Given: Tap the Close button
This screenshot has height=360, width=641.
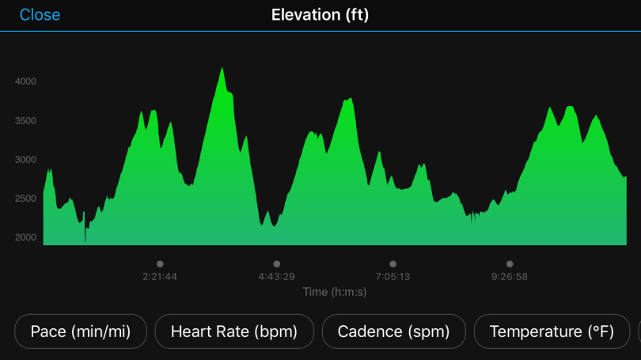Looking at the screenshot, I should [40, 15].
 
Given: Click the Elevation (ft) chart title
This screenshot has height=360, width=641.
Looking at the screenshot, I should [320, 15].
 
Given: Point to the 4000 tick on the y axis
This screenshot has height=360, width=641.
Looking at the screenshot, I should [25, 81].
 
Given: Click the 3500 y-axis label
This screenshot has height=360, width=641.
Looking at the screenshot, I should [25, 120].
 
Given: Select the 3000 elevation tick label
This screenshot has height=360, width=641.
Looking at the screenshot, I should [25, 159].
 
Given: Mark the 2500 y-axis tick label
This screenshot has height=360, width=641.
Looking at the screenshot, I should [25, 198].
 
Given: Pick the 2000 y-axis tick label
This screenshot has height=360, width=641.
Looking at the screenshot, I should [25, 237].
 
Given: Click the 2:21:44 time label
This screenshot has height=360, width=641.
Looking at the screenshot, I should [160, 277].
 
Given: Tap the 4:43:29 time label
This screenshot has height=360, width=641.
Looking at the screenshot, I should [276, 277].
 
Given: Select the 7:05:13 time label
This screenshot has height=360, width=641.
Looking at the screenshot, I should [393, 277].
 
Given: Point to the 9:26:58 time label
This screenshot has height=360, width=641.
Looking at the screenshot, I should [510, 277].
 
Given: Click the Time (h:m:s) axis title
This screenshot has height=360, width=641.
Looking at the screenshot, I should [335, 292].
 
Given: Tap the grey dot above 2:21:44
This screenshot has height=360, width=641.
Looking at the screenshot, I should [160, 264].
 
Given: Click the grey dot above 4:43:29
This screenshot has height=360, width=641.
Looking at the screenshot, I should [276, 264].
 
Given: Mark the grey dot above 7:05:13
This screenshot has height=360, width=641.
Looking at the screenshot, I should [393, 264].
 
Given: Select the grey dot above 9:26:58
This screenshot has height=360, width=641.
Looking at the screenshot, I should [510, 264].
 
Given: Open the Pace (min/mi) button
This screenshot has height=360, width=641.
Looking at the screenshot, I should [81, 332].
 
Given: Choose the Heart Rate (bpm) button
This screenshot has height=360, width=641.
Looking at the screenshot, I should [234, 332].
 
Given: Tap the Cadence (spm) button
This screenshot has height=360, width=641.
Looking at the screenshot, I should [393, 332].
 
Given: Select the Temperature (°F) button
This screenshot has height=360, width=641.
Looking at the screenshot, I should [552, 332].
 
